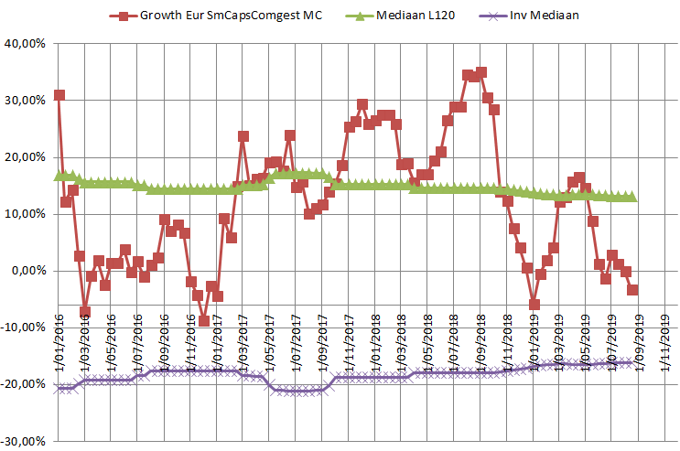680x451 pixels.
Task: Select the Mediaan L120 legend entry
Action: pyautogui.click(x=407, y=16)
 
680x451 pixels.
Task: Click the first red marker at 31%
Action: pyautogui.click(x=59, y=95)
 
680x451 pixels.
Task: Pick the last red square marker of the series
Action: pyautogui.click(x=632, y=290)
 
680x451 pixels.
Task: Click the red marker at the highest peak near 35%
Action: pyautogui.click(x=481, y=72)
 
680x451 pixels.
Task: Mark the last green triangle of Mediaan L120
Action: pyautogui.click(x=632, y=197)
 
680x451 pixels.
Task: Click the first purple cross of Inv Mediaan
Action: pyautogui.click(x=59, y=388)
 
